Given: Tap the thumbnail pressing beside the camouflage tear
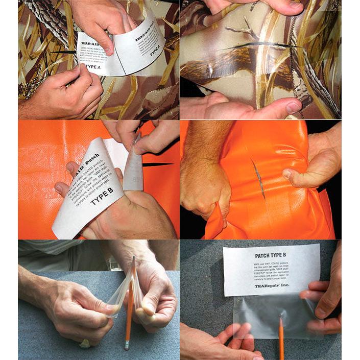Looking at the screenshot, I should tap(293, 107).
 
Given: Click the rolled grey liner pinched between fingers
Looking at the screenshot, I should tap(134, 163).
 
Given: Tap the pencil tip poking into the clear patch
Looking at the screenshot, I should tap(280, 320).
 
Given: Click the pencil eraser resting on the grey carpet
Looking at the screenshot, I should tap(126, 347).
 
